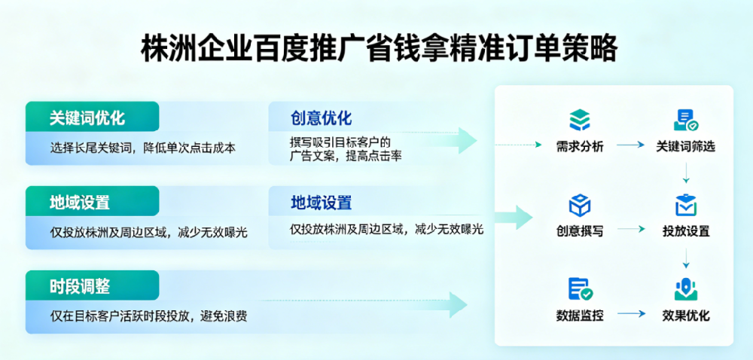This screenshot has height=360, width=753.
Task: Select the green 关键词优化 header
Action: [87, 118]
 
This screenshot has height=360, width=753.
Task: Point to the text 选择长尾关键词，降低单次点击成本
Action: [143, 148]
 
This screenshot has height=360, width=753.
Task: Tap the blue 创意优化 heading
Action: [322, 118]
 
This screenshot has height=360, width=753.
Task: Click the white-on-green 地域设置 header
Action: [80, 203]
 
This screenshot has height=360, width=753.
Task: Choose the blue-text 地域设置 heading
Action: [322, 203]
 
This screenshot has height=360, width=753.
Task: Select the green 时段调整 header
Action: [80, 286]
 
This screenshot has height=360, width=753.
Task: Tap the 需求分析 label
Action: [580, 146]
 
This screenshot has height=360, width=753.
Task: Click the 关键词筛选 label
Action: [685, 146]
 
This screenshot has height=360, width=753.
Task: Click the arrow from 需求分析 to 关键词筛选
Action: [631, 145]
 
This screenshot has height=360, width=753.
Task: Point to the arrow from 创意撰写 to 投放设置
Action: [631, 230]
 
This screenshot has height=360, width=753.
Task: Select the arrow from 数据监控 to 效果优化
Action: [631, 315]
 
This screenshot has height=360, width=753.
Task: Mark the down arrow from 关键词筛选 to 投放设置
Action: [686, 175]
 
